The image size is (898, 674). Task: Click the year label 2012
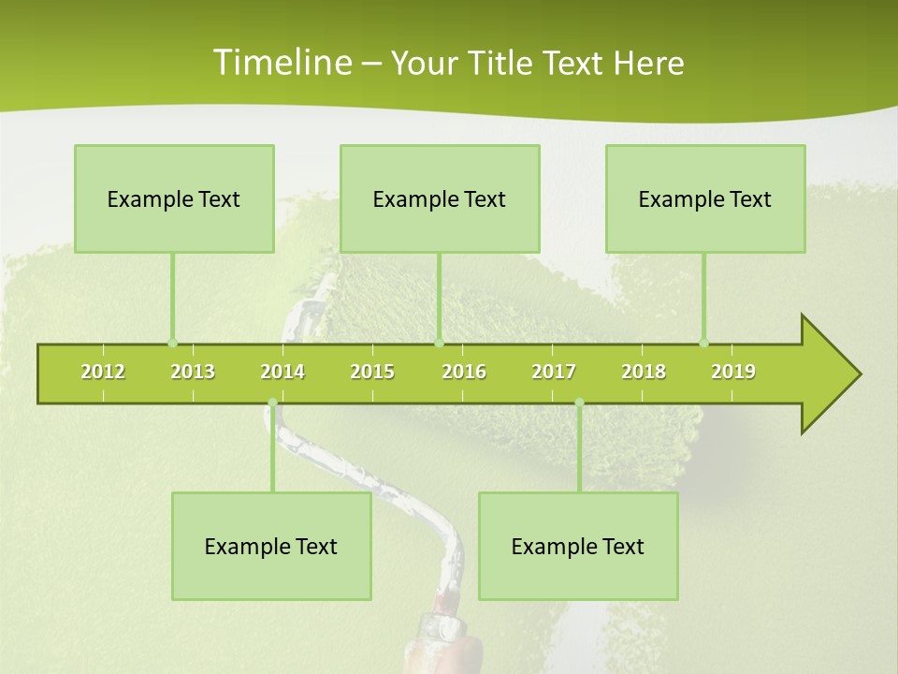coord(103,372)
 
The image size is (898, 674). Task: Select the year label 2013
coord(193,372)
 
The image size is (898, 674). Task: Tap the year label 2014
coord(282,372)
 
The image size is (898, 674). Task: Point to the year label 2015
coord(372,372)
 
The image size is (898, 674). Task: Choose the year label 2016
coord(464,372)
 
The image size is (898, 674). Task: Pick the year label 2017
coord(554,372)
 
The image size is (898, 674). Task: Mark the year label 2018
coord(644,372)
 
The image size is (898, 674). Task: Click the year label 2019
coord(733,372)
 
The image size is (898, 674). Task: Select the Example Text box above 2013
coord(174,199)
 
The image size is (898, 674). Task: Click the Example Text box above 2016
coord(440,199)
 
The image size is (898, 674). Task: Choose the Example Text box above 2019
coord(705,199)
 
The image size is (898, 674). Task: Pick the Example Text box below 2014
coord(271,547)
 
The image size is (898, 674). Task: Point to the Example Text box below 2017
coord(578,547)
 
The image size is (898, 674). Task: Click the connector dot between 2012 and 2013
coord(172,343)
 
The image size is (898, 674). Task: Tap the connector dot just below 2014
coord(272,403)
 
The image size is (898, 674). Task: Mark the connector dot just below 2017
coord(579,403)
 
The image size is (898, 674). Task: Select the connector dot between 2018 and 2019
coord(703,343)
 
